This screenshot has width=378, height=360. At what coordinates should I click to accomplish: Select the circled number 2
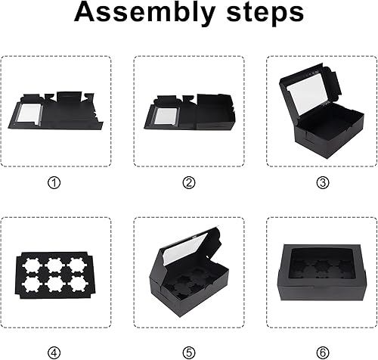click(189, 182)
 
